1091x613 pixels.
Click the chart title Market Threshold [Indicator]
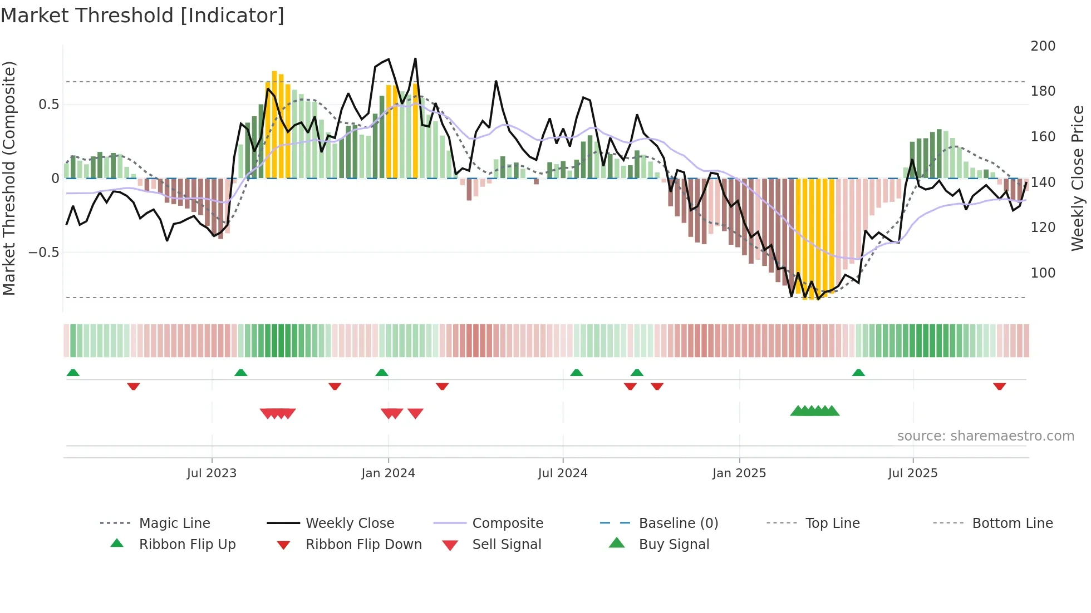[142, 16]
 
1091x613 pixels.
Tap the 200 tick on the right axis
[1043, 46]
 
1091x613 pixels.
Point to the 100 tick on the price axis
[1043, 273]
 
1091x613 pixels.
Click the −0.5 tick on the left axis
[43, 253]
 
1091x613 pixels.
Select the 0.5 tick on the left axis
[48, 105]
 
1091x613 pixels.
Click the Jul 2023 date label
[212, 473]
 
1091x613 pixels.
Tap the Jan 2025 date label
[739, 473]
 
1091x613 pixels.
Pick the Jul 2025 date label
[913, 473]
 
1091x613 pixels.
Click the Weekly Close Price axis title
[1078, 178]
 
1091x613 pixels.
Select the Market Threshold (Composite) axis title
[9, 178]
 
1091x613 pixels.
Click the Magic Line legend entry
[174, 523]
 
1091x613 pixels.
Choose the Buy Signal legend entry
[674, 545]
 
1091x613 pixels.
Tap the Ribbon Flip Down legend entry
[363, 545]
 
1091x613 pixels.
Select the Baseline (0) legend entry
[678, 523]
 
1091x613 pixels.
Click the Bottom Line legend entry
[1012, 523]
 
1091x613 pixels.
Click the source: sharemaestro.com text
[985, 436]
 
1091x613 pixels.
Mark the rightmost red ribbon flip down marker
[999, 386]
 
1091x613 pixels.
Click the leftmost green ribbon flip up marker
[73, 373]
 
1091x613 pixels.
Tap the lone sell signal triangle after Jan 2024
[415, 413]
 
